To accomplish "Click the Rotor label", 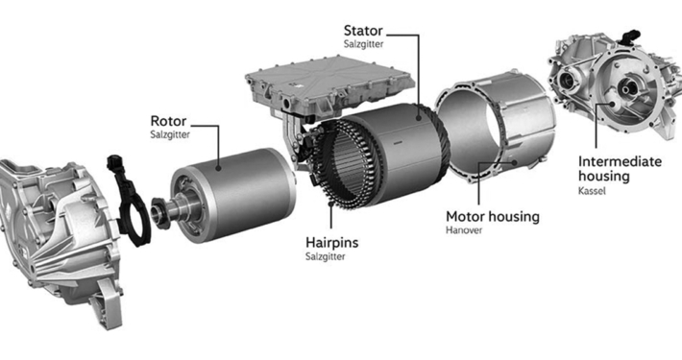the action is [x=168, y=121].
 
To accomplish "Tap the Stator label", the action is [x=363, y=31].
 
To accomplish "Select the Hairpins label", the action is [x=331, y=242].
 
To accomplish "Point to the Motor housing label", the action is [x=493, y=217].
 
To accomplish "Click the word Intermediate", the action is [x=620, y=161].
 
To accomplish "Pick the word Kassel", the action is [x=592, y=191].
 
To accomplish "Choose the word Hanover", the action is [x=464, y=230].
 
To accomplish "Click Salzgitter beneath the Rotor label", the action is [x=170, y=134].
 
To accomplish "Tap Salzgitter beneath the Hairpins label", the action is [x=326, y=256].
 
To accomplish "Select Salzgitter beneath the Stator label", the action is [x=364, y=44].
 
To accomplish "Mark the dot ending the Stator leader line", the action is [x=419, y=117].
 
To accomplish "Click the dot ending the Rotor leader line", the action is [x=218, y=167].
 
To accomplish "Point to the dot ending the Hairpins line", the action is [x=331, y=204].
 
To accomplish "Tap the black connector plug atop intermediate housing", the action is [x=631, y=36].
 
